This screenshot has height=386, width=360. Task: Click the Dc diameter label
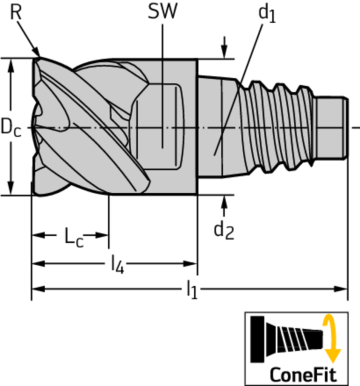click(x=11, y=128)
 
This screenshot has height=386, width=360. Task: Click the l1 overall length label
click(x=191, y=291)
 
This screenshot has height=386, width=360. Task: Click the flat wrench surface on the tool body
click(x=166, y=125)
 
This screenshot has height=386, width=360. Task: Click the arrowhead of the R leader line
click(x=38, y=54)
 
